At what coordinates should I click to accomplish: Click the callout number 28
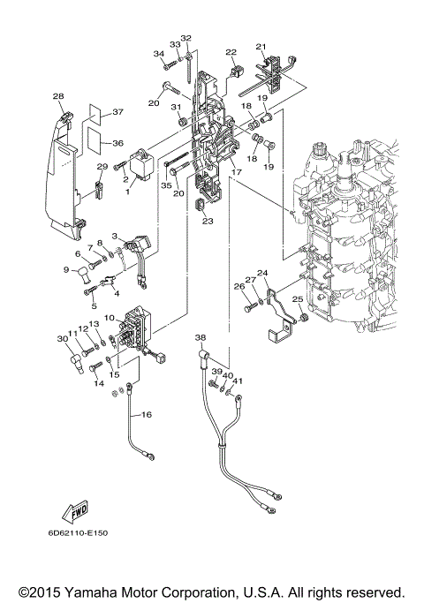tap(57, 96)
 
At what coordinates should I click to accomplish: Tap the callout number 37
tap(117, 112)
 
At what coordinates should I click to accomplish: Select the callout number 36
tap(117, 143)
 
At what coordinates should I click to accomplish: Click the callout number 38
tap(200, 337)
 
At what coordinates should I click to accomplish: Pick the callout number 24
tap(261, 273)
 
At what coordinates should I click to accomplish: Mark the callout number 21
tap(261, 46)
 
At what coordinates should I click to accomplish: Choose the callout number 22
tap(231, 52)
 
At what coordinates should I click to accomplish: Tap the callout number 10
tap(109, 317)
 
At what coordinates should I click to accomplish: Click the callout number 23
tap(208, 222)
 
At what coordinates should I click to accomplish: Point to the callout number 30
tap(63, 339)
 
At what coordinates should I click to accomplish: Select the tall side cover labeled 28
tap(61, 168)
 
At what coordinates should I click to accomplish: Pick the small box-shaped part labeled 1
tap(139, 164)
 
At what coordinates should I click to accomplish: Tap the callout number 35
tap(166, 186)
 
